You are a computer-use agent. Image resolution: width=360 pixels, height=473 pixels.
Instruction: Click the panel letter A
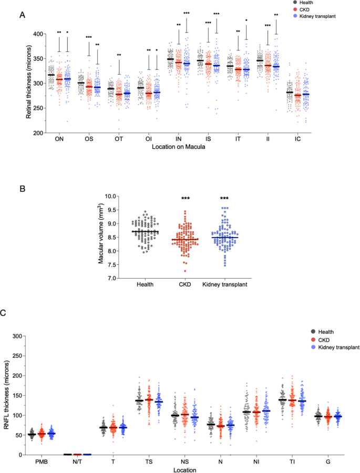tap(22, 16)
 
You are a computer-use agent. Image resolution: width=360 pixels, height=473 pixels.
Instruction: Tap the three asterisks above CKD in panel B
tap(185, 198)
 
